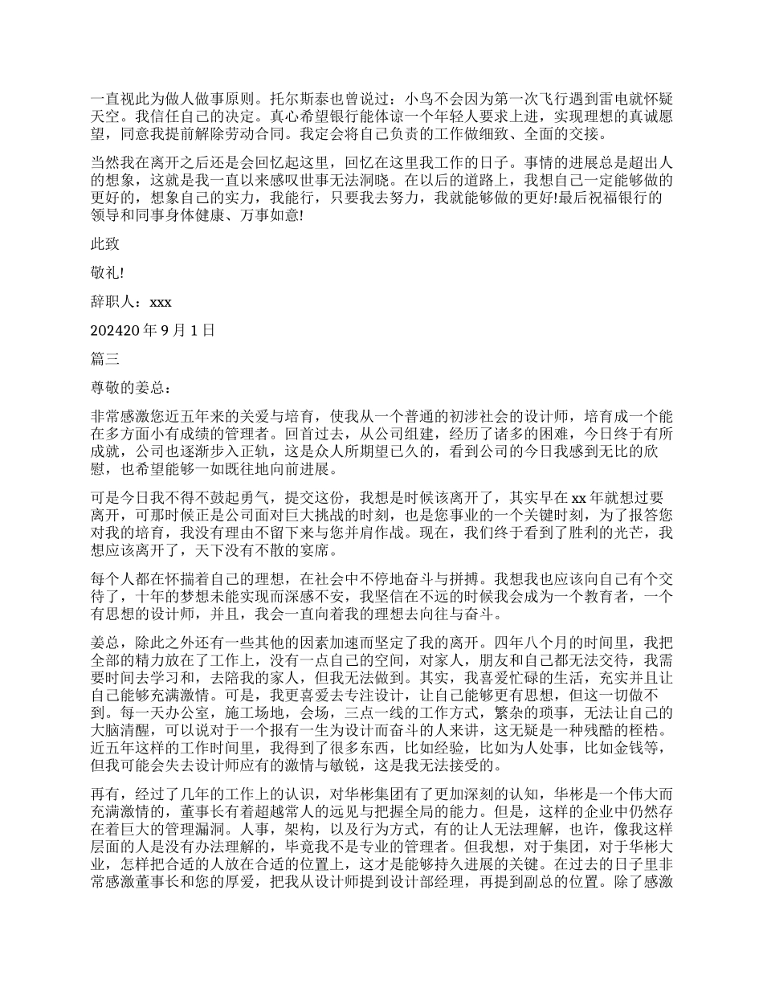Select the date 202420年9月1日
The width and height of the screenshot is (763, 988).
(153, 329)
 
